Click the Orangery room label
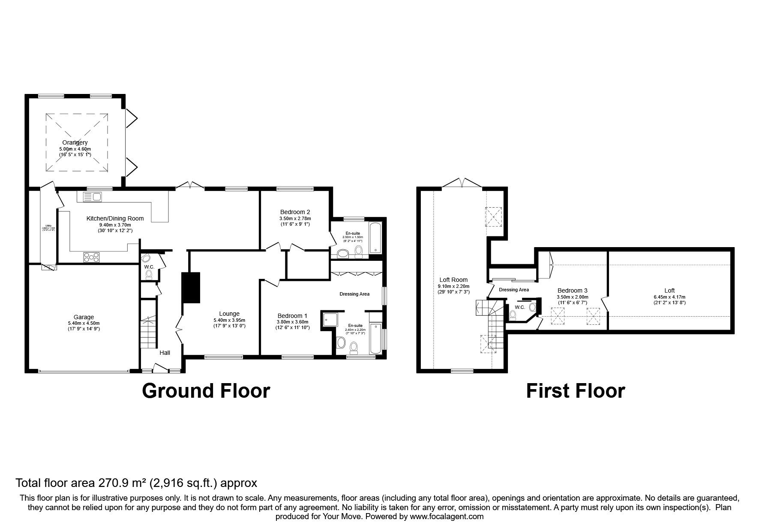coord(75,142)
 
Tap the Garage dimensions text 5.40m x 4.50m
coord(84,323)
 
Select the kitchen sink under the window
coord(92,197)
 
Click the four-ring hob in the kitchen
coord(92,257)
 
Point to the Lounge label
coord(229,314)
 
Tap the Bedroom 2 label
coord(295,212)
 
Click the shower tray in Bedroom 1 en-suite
coord(331,318)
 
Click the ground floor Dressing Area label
coord(354,294)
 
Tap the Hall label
coord(165,353)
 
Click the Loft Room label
coord(453,280)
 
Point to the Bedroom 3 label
coord(572,290)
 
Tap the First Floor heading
coord(575,391)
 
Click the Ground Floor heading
coord(206,391)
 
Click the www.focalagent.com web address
coord(447,517)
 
